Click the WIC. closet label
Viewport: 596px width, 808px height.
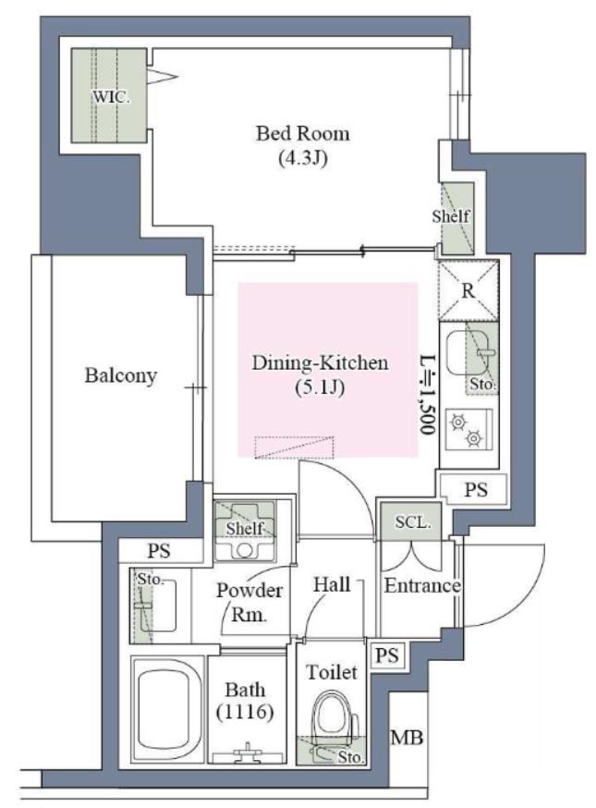[111, 96]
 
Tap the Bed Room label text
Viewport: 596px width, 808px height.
[303, 133]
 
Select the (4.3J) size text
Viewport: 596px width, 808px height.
[303, 158]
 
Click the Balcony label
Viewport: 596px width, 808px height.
[120, 375]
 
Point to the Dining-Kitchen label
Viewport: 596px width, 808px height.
[320, 362]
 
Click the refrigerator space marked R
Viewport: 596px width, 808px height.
[468, 290]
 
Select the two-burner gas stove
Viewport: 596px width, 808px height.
[468, 429]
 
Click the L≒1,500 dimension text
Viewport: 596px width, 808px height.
[427, 395]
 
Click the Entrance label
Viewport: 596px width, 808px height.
[422, 585]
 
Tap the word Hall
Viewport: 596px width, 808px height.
[332, 584]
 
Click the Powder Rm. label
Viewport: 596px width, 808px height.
[249, 602]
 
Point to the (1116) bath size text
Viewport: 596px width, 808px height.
[245, 712]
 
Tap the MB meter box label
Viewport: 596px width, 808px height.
[407, 738]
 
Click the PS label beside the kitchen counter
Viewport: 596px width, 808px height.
[476, 489]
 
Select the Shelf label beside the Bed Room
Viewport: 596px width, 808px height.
[451, 216]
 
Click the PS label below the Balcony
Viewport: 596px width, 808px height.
[159, 551]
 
